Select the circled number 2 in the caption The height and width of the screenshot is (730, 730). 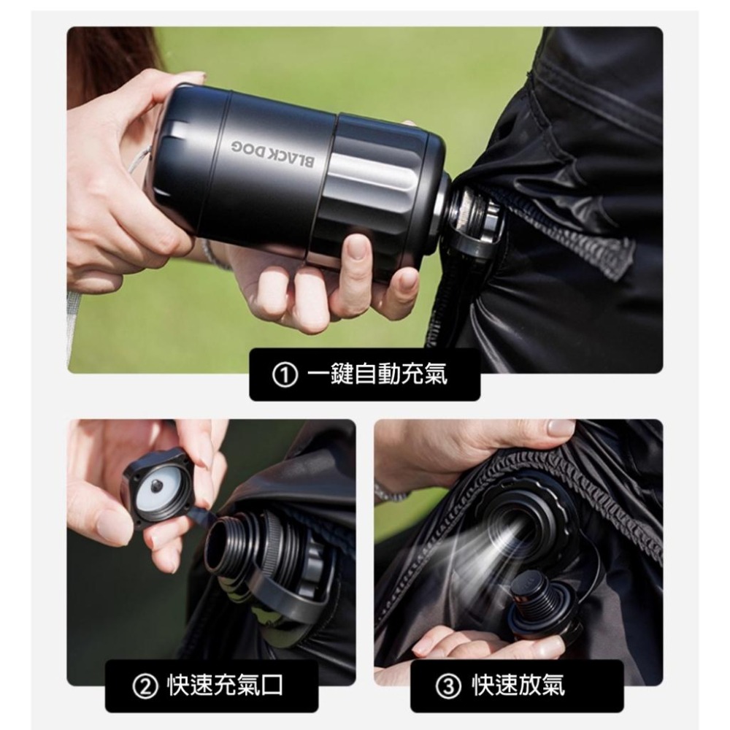click(x=143, y=685)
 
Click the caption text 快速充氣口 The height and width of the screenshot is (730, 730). click(x=225, y=685)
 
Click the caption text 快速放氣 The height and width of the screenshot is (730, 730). click(x=518, y=685)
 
